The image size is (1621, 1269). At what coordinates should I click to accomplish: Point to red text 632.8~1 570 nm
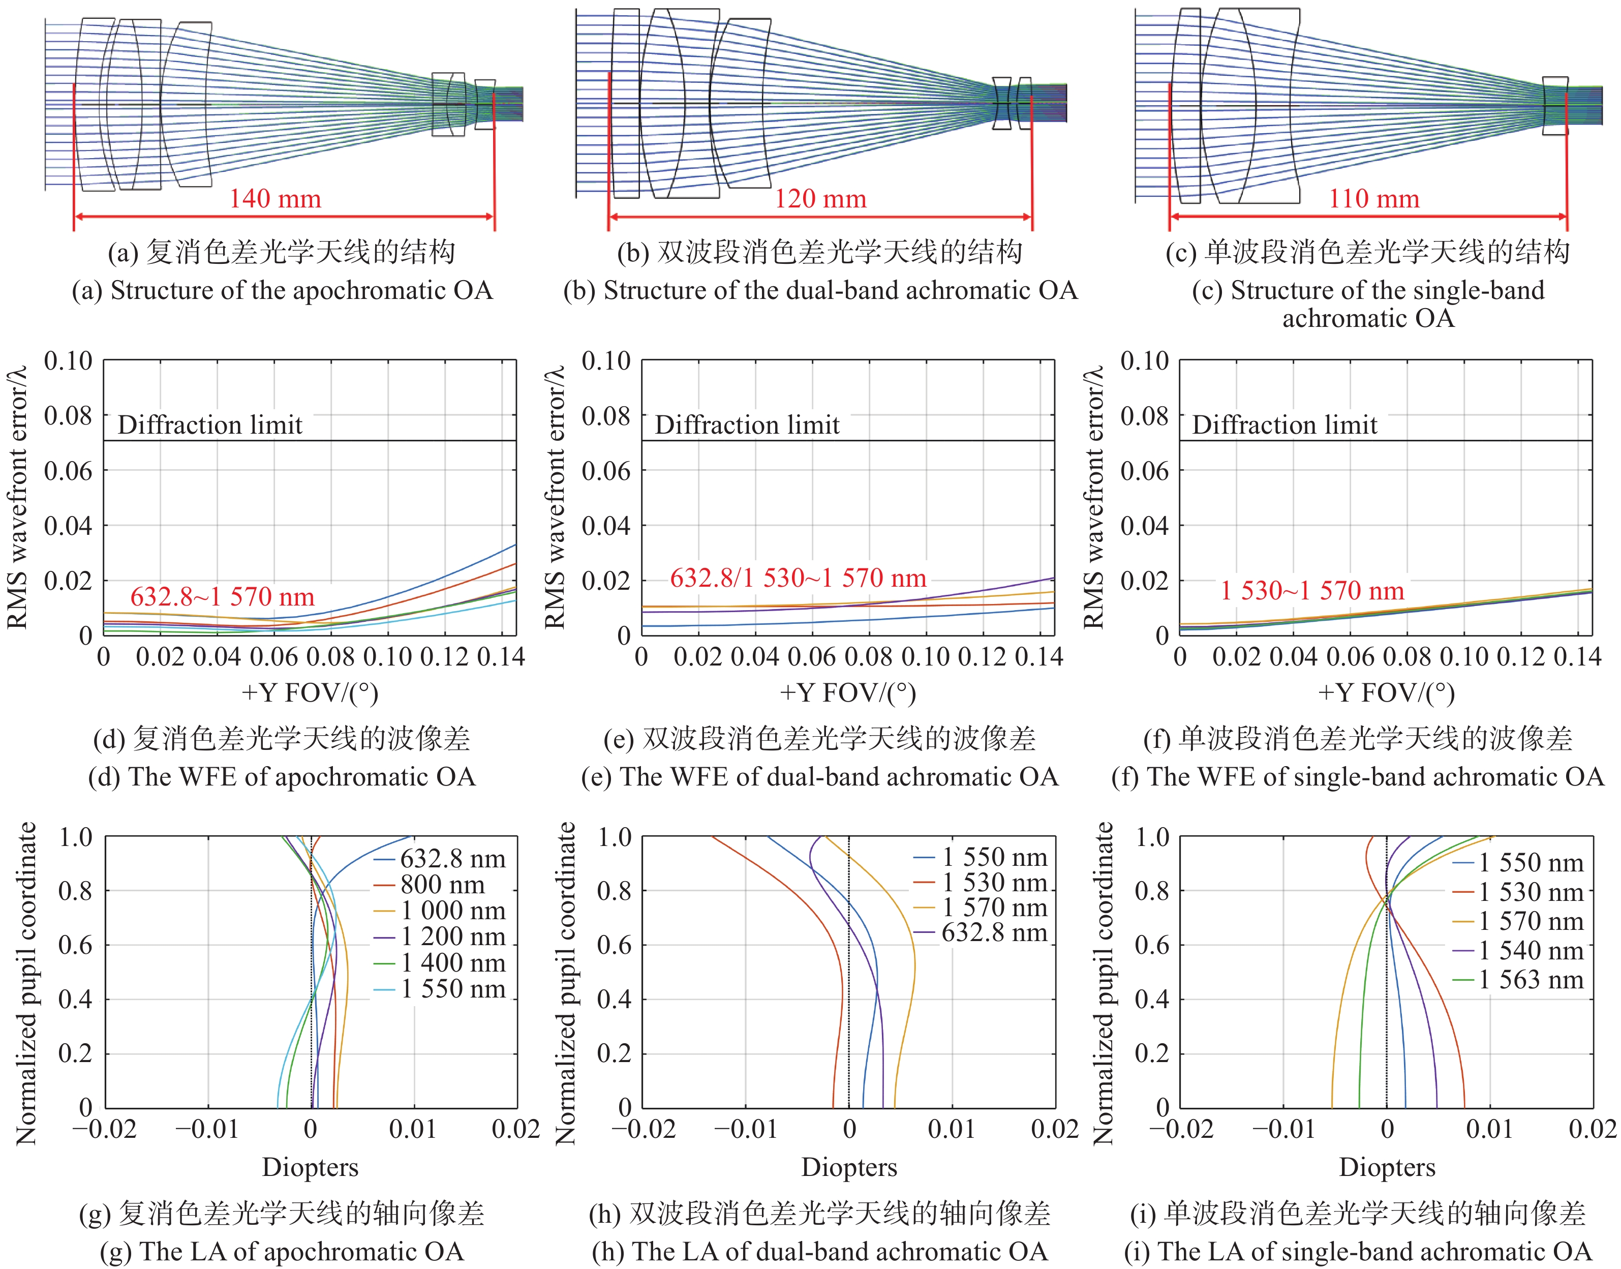pyautogui.click(x=222, y=596)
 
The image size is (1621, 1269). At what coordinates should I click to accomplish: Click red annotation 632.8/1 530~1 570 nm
pyautogui.click(x=798, y=578)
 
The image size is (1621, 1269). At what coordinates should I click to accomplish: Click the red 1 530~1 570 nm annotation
pyautogui.click(x=1312, y=591)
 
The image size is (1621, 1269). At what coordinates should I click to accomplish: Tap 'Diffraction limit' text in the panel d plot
pyautogui.click(x=210, y=425)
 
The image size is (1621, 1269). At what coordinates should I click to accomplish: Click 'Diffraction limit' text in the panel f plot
pyautogui.click(x=1284, y=425)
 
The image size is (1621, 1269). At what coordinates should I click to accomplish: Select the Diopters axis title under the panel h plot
pyautogui.click(x=849, y=1167)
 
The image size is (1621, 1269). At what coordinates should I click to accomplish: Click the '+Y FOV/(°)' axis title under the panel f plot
pyautogui.click(x=1386, y=692)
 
